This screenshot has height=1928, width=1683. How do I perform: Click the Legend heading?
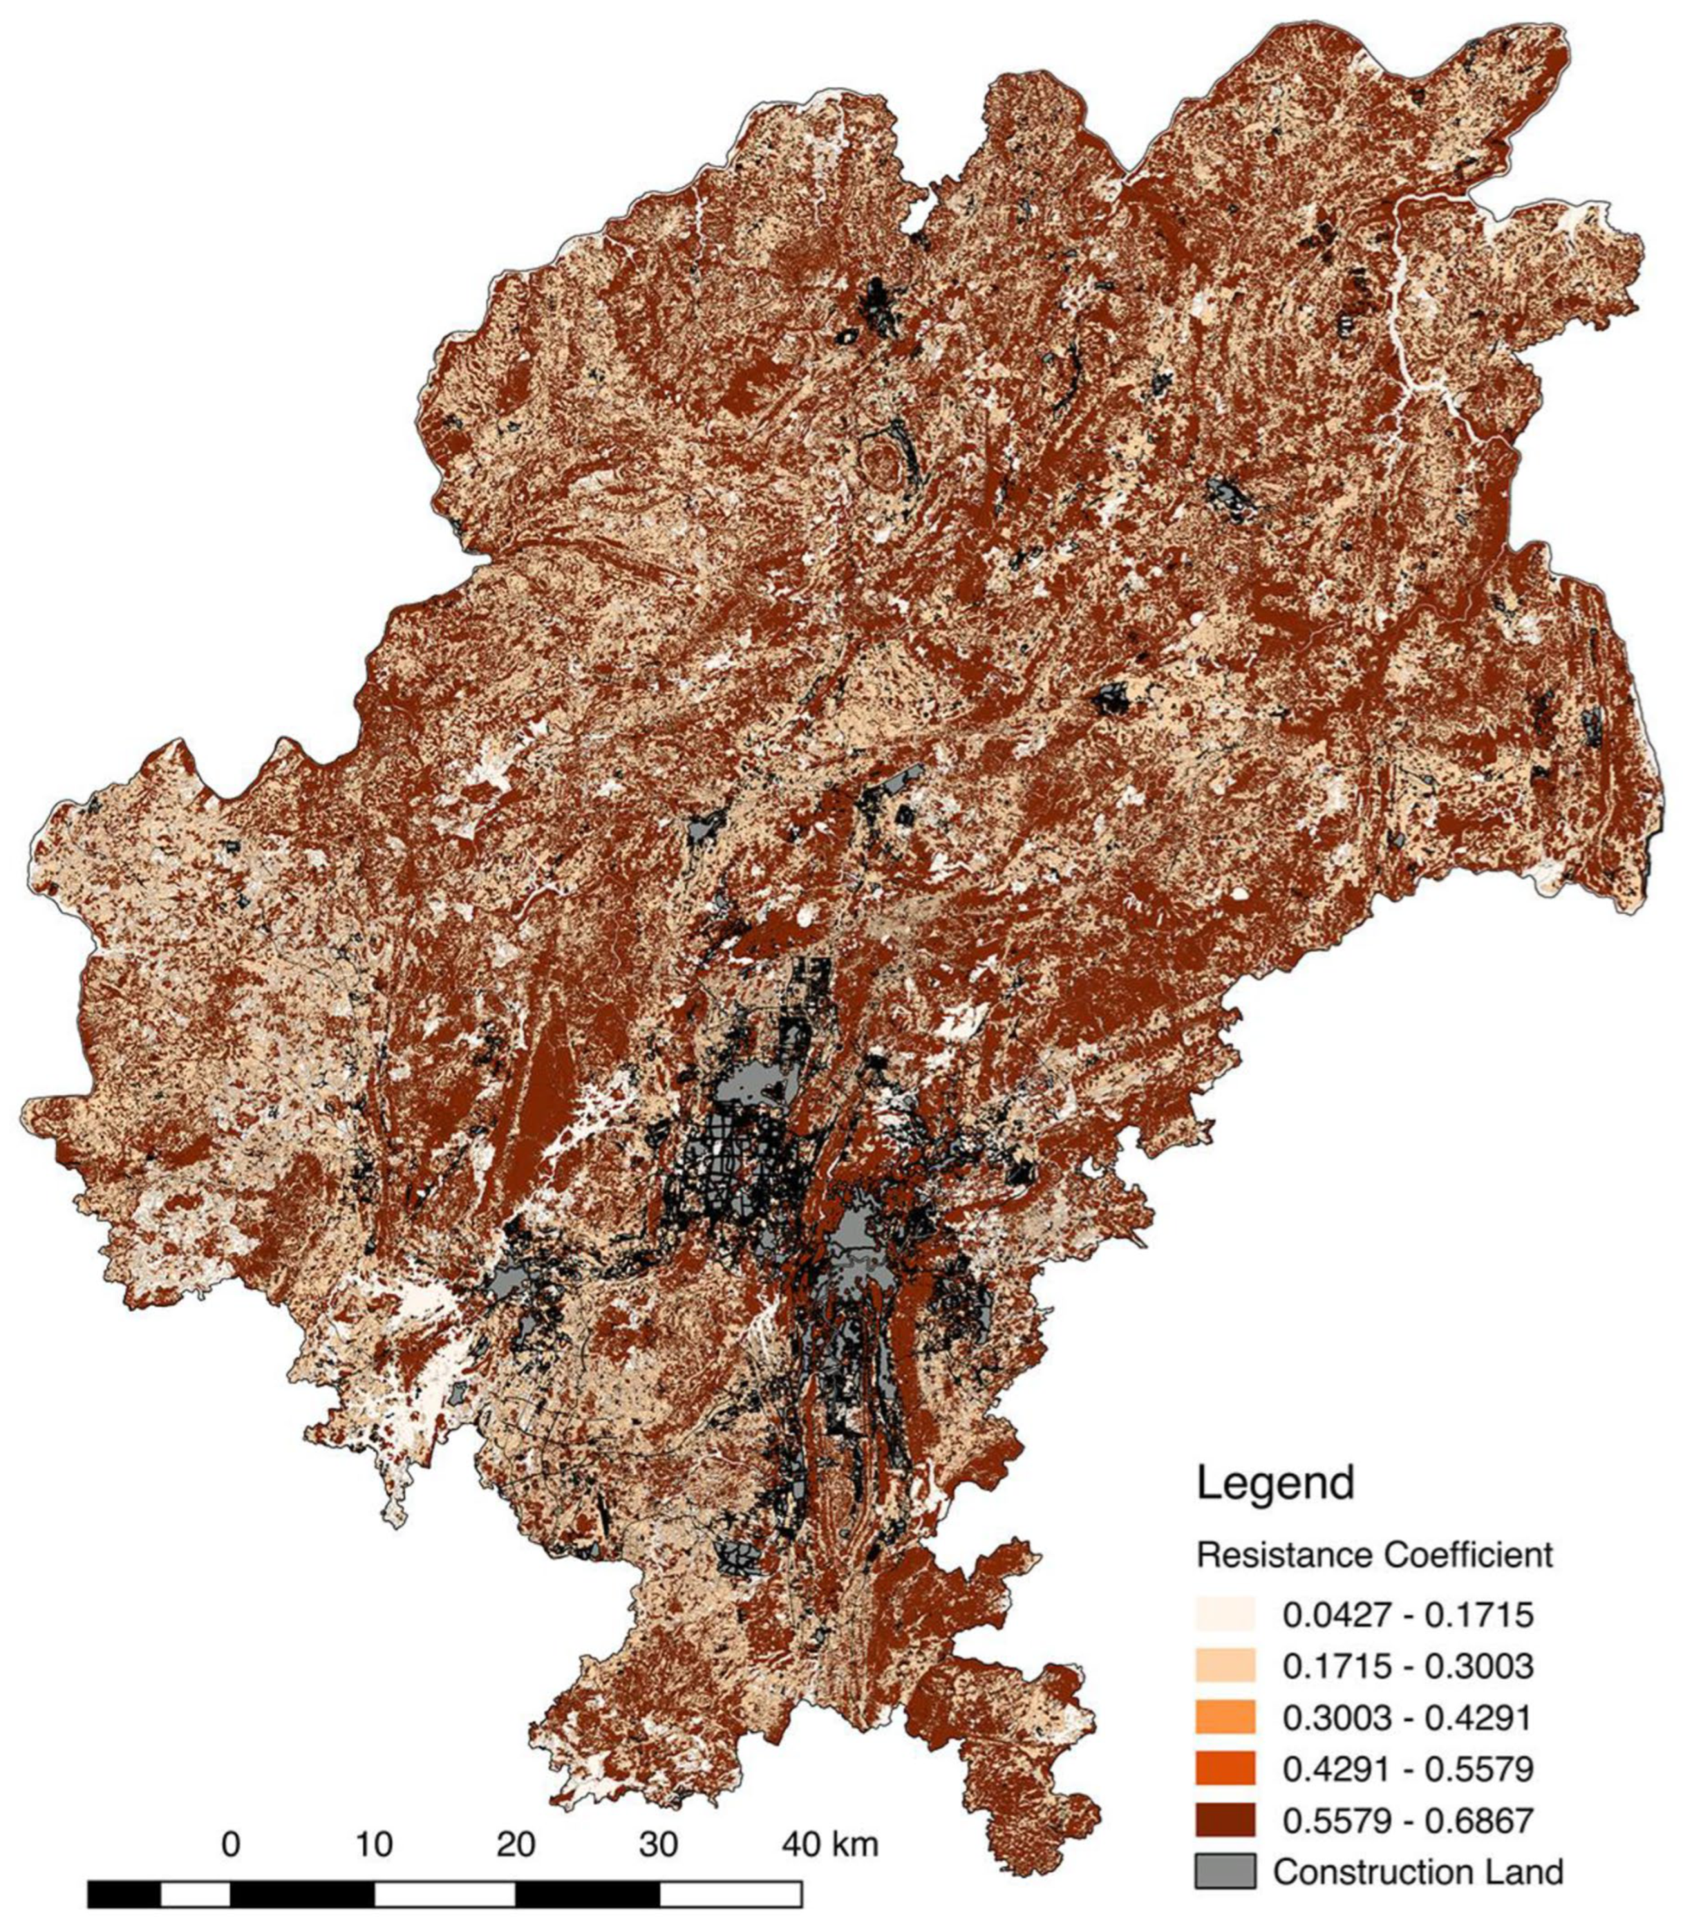click(x=1275, y=1483)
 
